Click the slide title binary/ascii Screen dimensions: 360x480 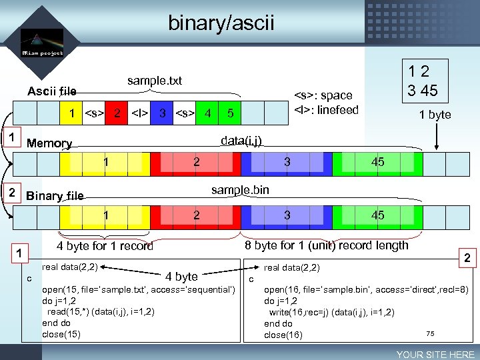click(221, 24)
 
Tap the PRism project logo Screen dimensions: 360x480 click(41, 44)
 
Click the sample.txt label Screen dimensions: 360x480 click(155, 81)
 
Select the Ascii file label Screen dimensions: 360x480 click(51, 91)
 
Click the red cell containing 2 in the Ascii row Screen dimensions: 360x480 click(117, 113)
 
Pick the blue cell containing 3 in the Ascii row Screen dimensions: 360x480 click(162, 113)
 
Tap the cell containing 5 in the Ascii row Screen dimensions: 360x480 click(230, 114)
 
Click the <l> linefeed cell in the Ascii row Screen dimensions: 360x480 click(139, 113)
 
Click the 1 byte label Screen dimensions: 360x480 click(435, 115)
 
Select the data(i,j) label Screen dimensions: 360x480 click(241, 140)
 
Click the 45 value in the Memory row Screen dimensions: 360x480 click(377, 162)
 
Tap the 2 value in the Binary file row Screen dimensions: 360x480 click(196, 215)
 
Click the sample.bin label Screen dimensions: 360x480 click(240, 190)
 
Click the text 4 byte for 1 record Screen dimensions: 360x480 click(105, 246)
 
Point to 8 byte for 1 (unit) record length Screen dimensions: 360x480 click(326, 245)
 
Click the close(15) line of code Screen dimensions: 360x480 click(61, 334)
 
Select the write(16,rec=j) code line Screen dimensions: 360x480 click(331, 312)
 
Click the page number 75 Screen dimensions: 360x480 click(430, 333)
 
